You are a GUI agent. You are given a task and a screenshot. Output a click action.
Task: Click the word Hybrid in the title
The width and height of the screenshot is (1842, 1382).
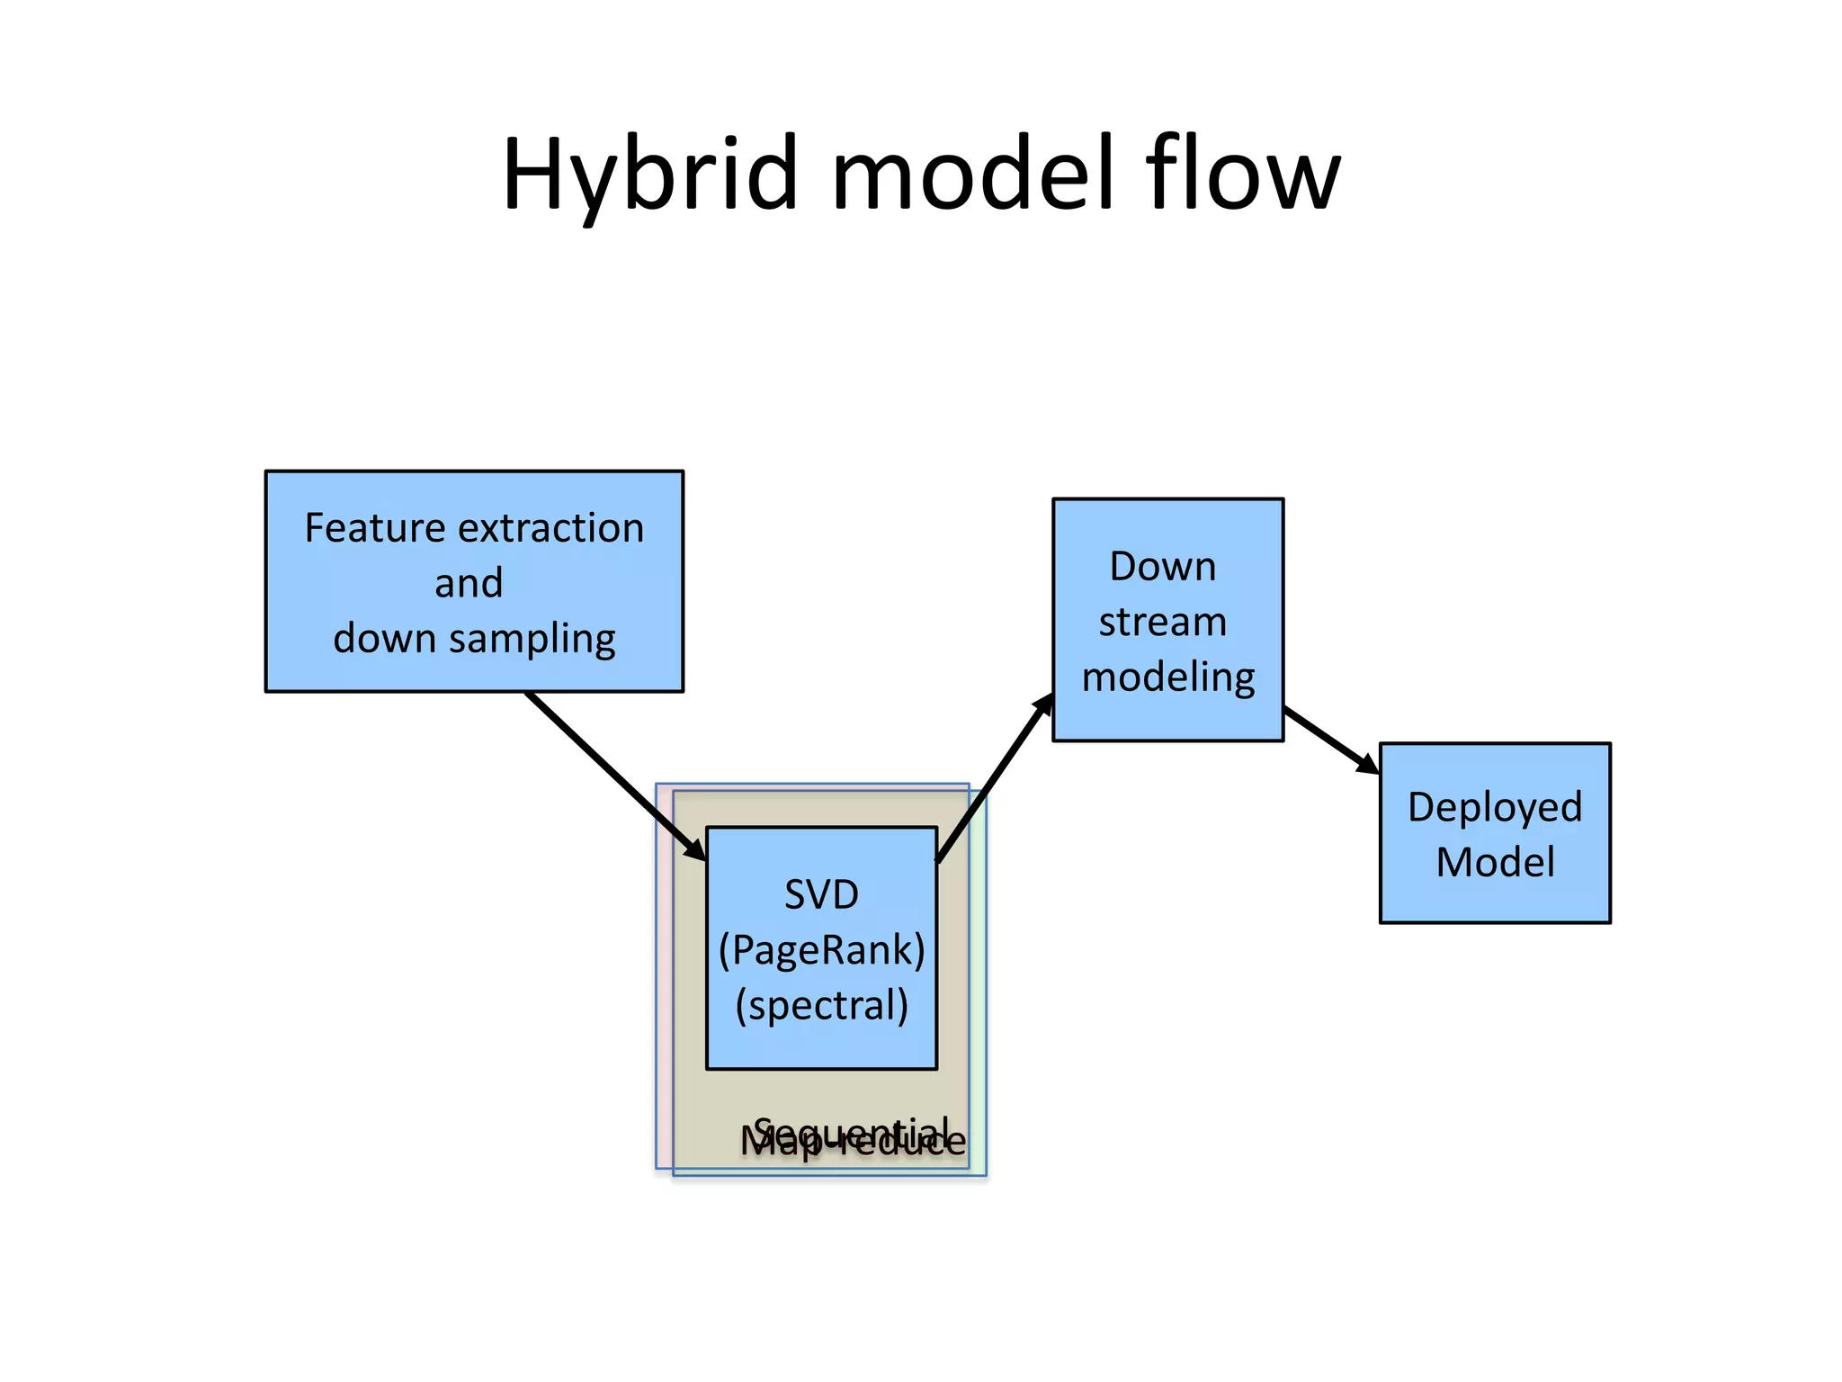[x=649, y=175]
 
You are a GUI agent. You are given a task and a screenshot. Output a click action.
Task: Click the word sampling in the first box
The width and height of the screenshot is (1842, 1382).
[x=532, y=640]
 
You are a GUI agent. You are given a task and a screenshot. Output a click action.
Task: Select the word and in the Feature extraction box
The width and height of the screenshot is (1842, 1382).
[x=469, y=584]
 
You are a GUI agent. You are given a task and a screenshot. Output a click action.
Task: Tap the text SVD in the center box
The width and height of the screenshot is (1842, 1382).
[x=821, y=894]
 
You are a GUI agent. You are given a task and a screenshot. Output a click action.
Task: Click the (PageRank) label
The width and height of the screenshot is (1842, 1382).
[x=821, y=950]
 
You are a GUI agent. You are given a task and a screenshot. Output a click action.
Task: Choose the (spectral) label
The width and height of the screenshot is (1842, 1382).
[x=821, y=1006]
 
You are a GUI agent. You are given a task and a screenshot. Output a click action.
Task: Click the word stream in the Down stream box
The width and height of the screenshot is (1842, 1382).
[x=1163, y=622]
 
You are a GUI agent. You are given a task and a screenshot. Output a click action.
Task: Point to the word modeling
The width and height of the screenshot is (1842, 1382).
[x=1168, y=678]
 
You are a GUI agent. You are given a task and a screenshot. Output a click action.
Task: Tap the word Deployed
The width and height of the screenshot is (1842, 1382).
[x=1494, y=807]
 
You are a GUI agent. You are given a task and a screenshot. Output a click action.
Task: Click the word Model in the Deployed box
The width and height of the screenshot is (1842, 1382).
[x=1495, y=862]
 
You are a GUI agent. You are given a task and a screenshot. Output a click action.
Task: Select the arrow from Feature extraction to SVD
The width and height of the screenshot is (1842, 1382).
[x=612, y=774]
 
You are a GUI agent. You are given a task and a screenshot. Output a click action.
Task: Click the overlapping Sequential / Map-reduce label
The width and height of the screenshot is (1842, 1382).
[x=853, y=1138]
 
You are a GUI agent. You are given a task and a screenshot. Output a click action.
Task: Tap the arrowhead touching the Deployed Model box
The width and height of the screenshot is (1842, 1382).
[x=1367, y=764]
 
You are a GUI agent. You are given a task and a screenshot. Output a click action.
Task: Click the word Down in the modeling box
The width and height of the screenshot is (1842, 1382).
[x=1162, y=567]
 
